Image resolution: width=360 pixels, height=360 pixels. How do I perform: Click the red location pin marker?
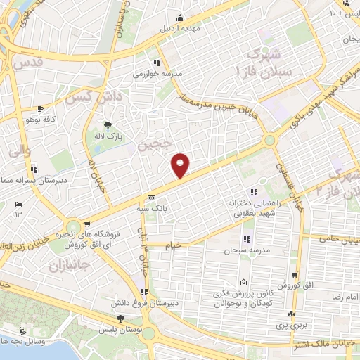coord(181,165)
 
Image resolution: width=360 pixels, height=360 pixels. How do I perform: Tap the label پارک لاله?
coord(110,135)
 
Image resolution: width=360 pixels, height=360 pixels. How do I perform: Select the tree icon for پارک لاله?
coord(108,124)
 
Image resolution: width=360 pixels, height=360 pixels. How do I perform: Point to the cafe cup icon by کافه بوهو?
coord(40,108)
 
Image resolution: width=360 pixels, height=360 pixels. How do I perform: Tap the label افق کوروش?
coord(294,286)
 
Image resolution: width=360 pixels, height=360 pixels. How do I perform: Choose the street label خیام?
coord(172,245)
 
